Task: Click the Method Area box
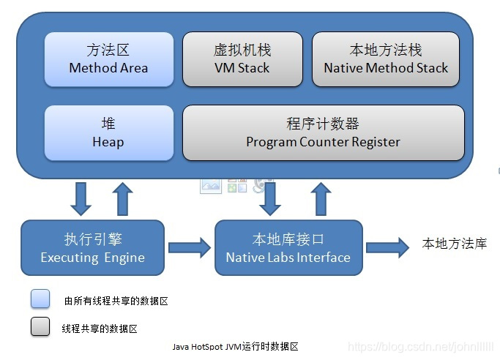pyautogui.click(x=109, y=59)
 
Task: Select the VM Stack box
pyautogui.click(x=242, y=59)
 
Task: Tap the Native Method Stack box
pyautogui.click(x=386, y=59)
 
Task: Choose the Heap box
pyautogui.click(x=109, y=133)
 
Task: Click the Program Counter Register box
pyautogui.click(x=324, y=133)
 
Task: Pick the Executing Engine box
pyautogui.click(x=92, y=247)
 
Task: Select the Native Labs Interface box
pyautogui.click(x=288, y=247)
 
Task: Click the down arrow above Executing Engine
pyautogui.click(x=81, y=199)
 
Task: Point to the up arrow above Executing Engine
pyautogui.click(x=123, y=199)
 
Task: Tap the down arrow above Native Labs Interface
pyautogui.click(x=270, y=199)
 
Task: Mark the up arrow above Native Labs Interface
pyautogui.click(x=321, y=199)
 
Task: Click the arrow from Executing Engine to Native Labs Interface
pyautogui.click(x=190, y=247)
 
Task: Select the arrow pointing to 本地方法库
pyautogui.click(x=387, y=247)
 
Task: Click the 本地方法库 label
pyautogui.click(x=455, y=244)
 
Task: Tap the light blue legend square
pyautogui.click(x=40, y=299)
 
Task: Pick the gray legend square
pyautogui.click(x=40, y=326)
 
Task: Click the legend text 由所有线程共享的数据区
pyautogui.click(x=116, y=301)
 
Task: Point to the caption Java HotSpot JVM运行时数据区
pyautogui.click(x=235, y=346)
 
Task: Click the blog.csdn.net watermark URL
pyautogui.click(x=421, y=347)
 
